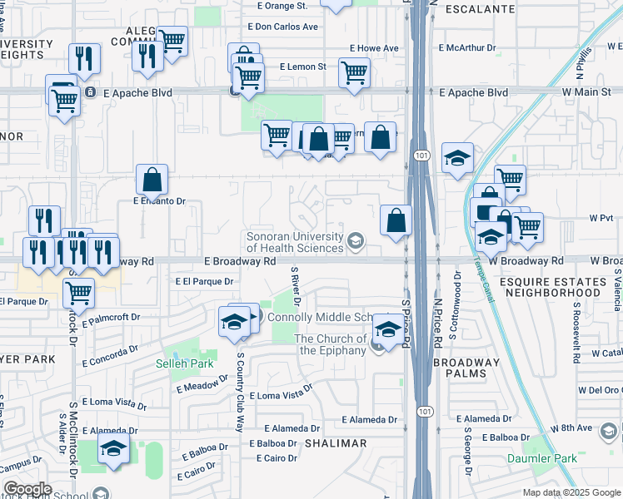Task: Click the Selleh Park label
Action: click(x=185, y=363)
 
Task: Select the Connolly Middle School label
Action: click(x=330, y=318)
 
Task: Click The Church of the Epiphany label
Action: click(x=330, y=344)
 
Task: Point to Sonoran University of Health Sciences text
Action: click(x=295, y=241)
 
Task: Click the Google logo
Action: click(x=27, y=489)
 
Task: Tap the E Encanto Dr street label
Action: click(x=158, y=201)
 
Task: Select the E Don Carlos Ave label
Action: click(x=286, y=27)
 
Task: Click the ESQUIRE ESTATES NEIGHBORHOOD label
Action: click(x=562, y=287)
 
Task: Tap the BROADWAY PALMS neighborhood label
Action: click(x=467, y=368)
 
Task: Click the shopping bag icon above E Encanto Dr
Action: click(x=152, y=179)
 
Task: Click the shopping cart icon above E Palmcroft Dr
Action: click(x=78, y=292)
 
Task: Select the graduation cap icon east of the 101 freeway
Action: click(x=456, y=158)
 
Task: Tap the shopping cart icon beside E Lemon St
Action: click(x=354, y=72)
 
